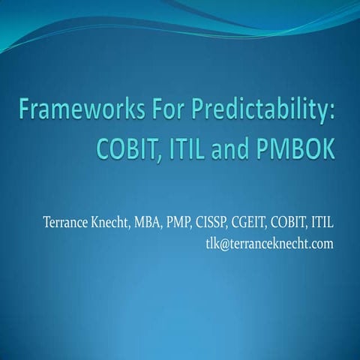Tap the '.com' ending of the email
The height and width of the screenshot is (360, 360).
coord(322,244)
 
